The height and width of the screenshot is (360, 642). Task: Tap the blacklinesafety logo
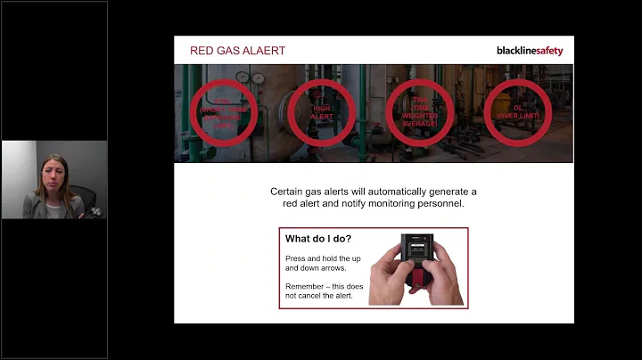[x=529, y=51]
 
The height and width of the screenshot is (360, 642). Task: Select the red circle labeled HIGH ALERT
[x=322, y=112]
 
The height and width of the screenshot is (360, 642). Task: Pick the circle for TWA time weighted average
[x=418, y=112]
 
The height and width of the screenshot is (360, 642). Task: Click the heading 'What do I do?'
[x=317, y=239]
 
